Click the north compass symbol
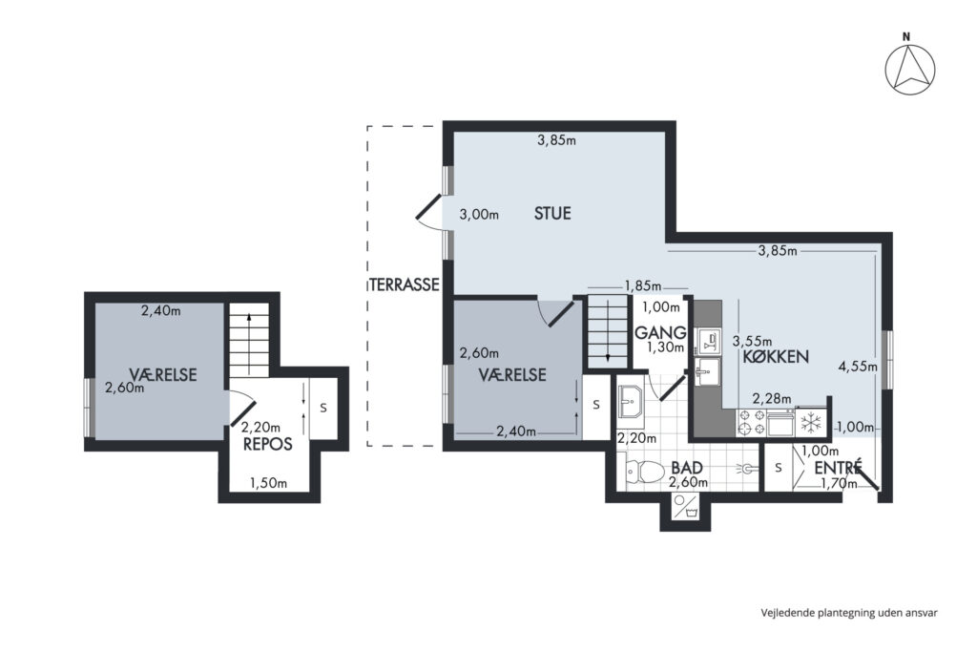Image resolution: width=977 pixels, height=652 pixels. [909, 69]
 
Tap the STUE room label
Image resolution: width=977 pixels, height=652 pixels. [552, 213]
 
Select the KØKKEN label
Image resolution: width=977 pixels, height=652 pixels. [776, 356]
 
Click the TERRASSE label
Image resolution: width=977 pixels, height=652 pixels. [405, 284]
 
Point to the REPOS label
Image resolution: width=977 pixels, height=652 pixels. [268, 444]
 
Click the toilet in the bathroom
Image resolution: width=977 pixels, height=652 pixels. [645, 472]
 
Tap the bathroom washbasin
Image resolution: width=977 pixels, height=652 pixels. [632, 401]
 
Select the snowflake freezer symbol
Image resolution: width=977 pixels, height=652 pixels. [811, 423]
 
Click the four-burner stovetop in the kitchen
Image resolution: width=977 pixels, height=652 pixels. [751, 422]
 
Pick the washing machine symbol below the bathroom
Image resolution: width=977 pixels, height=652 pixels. [685, 506]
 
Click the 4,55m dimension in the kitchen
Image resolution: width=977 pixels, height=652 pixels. [858, 367]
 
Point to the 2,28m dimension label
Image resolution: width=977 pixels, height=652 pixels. [771, 398]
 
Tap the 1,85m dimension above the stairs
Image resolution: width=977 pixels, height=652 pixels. [643, 286]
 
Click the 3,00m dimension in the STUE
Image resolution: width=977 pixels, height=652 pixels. [479, 215]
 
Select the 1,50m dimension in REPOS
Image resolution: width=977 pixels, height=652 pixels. [268, 483]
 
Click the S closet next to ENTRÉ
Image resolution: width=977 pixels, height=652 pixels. [779, 467]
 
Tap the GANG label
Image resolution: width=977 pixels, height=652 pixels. [660, 333]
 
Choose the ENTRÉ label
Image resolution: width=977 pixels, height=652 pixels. [838, 467]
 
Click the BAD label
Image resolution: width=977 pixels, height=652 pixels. [687, 468]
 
